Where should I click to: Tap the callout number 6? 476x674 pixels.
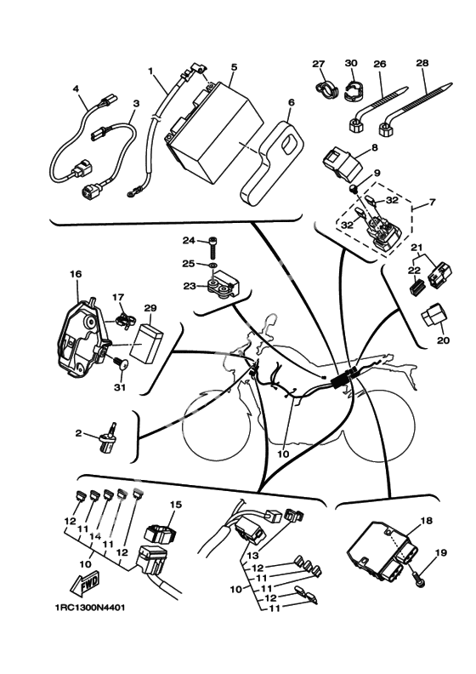[x=292, y=103]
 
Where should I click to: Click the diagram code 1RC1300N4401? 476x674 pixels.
[x=89, y=608]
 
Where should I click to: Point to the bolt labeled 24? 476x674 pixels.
[x=212, y=247]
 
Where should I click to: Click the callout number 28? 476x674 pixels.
[x=422, y=63]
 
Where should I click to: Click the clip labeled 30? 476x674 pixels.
[x=352, y=89]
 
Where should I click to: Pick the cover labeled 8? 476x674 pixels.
[x=344, y=163]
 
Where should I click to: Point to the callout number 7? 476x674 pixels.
[x=431, y=202]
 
